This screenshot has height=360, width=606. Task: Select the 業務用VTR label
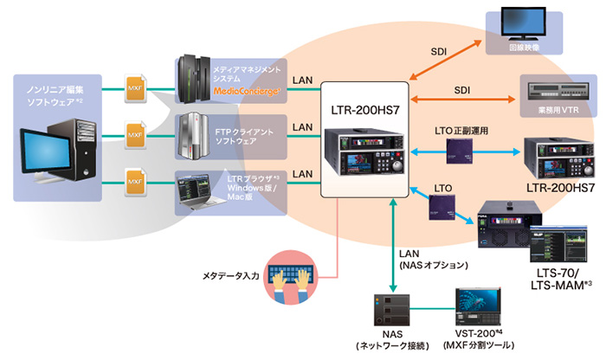(558, 112)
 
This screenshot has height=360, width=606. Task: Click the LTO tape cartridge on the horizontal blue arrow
(458, 152)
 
